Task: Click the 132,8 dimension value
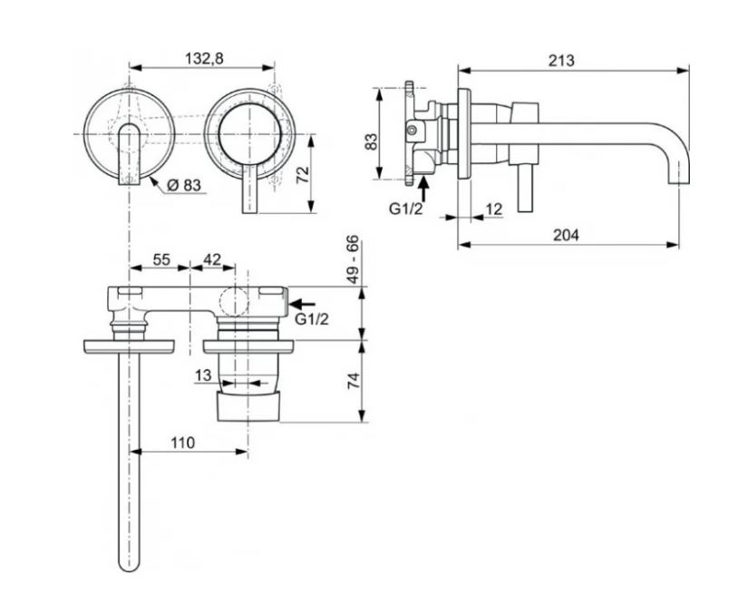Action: coord(204,58)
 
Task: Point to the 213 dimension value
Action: coord(561,61)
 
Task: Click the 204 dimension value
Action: coord(566,235)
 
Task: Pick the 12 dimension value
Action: coord(495,209)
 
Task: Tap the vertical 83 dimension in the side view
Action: coord(370,141)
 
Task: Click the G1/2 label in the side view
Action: coord(407,209)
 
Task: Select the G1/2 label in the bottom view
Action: coord(311,319)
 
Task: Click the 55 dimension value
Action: coord(161,259)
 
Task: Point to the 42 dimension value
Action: coord(211,259)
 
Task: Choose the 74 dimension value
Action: coord(354,379)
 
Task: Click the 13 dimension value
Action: coord(203,374)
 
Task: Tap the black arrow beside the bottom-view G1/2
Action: coord(304,304)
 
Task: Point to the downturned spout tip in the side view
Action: coord(675,177)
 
